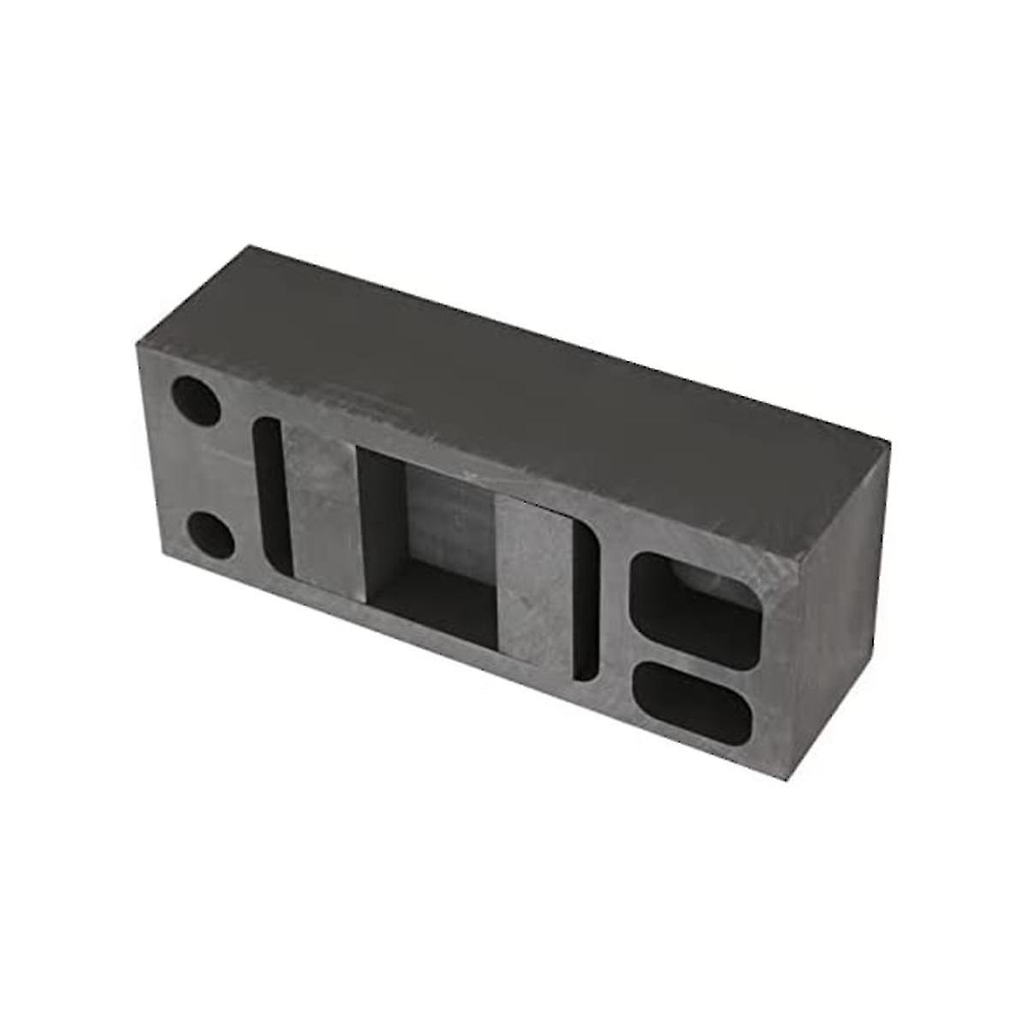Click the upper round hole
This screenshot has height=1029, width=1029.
[196, 399]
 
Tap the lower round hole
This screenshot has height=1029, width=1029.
[209, 534]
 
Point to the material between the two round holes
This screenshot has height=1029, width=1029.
[202, 467]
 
